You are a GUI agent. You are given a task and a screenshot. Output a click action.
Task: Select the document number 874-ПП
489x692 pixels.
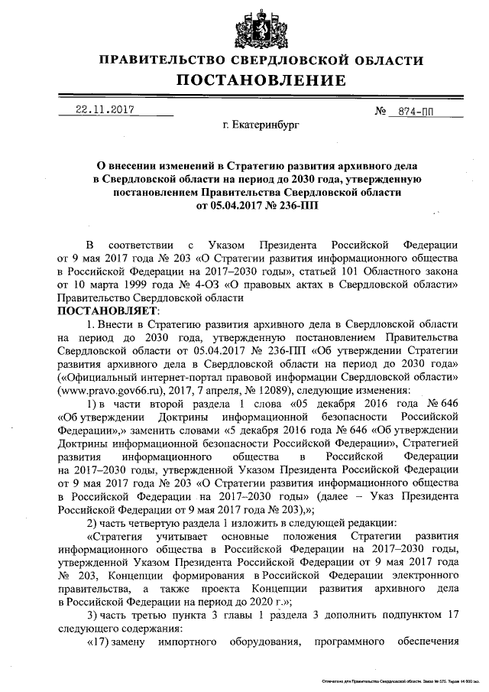click(x=416, y=111)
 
